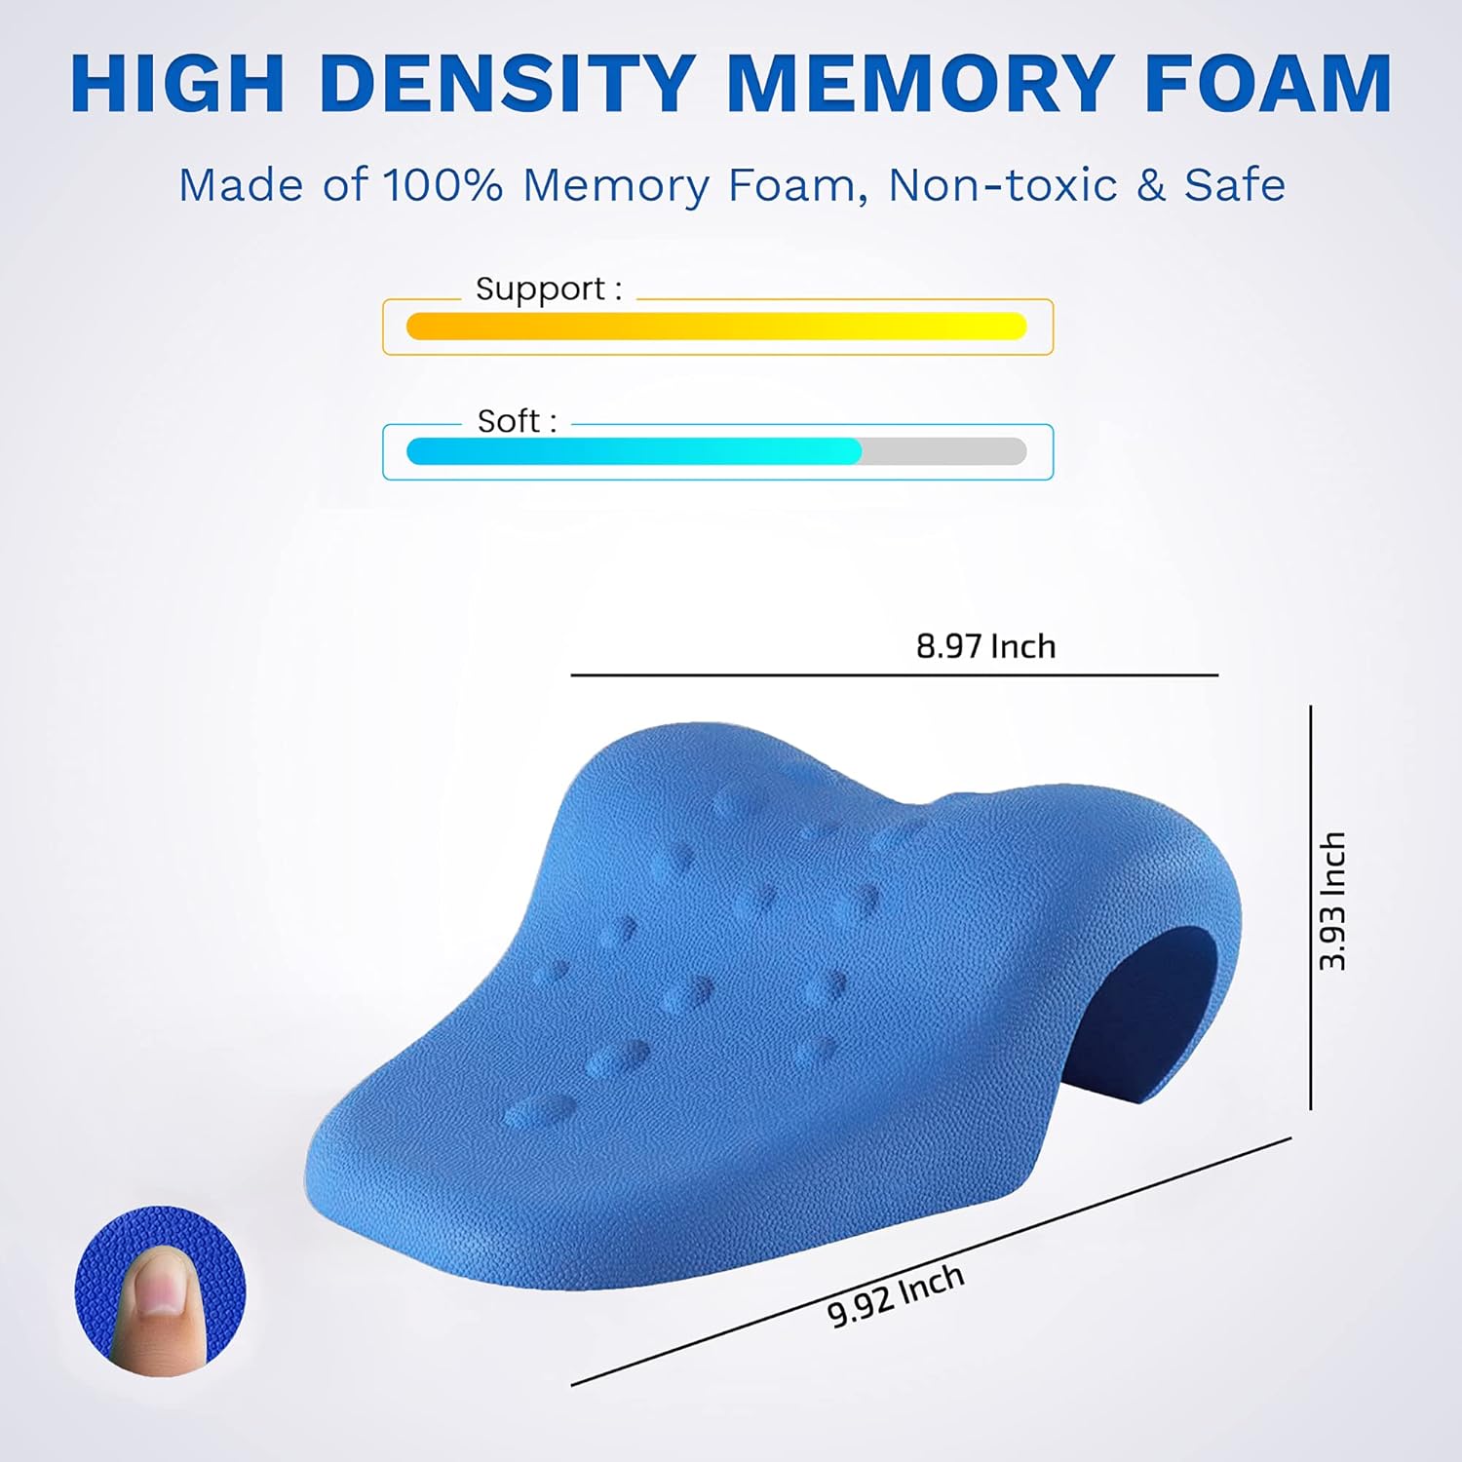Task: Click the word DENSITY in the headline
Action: [507, 84]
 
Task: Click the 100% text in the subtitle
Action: [442, 185]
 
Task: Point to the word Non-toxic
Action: [1002, 185]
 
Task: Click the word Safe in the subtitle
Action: [1235, 185]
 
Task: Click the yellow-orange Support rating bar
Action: [716, 327]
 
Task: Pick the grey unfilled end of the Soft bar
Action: [943, 451]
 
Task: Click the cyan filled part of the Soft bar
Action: [634, 451]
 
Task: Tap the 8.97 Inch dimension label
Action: [985, 646]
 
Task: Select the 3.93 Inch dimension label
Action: [1332, 902]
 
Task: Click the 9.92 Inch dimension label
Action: [896, 1295]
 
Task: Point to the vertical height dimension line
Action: [1311, 906]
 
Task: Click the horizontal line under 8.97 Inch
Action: [894, 674]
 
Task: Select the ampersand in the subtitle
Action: [1151, 185]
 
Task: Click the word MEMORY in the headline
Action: [921, 84]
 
